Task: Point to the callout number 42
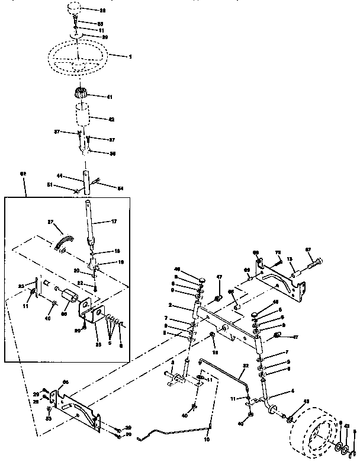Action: pyautogui.click(x=111, y=119)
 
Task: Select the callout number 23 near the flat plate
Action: pyautogui.click(x=22, y=286)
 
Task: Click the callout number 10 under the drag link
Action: pyautogui.click(x=206, y=440)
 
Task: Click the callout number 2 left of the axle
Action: pyautogui.click(x=170, y=305)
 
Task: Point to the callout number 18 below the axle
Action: pyautogui.click(x=216, y=352)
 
